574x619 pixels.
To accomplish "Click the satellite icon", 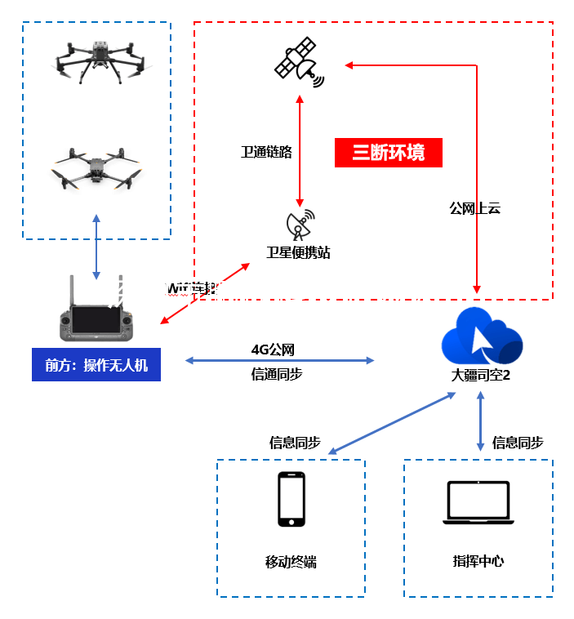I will [298, 62].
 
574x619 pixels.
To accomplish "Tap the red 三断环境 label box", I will [389, 153].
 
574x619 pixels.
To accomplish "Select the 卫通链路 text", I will [266, 152].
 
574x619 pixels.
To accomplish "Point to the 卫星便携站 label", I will [298, 252].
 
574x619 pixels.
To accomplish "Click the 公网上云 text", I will [474, 208].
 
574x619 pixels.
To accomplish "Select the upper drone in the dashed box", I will [97, 61].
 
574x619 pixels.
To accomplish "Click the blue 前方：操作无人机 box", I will [96, 365].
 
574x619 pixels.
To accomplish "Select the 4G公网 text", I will [273, 350].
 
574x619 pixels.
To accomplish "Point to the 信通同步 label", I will [277, 374].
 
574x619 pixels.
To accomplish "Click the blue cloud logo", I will [481, 336].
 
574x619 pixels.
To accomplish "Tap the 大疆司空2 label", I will [481, 376].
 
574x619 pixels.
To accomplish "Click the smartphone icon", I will [291, 499].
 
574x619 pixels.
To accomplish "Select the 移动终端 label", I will [291, 562].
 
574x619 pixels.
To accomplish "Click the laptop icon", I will [478, 502].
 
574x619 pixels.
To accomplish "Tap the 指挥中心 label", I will [478, 561].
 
